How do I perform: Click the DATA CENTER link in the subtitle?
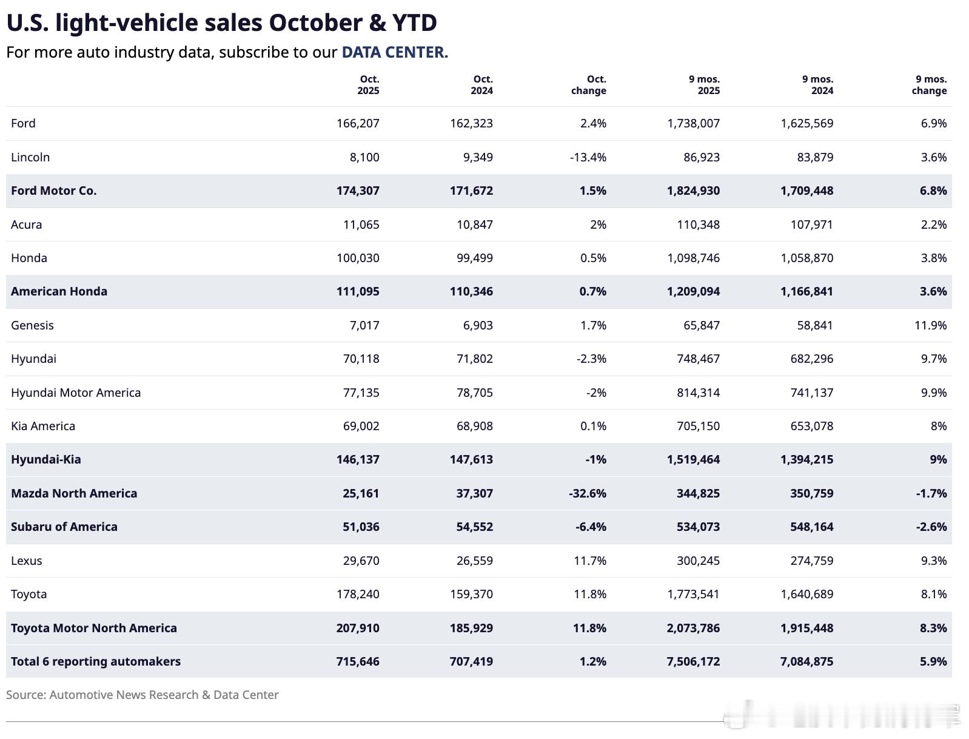395,52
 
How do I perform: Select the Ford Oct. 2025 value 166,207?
358,123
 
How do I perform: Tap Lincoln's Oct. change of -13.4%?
588,157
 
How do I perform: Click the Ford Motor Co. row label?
54,191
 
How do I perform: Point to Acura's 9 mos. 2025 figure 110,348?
698,224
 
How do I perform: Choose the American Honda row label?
59,291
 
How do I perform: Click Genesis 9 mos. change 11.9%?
930,325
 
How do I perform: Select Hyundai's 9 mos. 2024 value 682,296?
806,359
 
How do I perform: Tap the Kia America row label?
43,426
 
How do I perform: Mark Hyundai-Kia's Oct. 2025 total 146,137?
358,459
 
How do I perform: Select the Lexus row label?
27,561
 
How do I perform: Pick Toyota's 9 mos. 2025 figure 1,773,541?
693,594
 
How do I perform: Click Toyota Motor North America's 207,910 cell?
358,628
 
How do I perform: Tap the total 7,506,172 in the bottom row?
693,661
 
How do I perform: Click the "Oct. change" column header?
589,85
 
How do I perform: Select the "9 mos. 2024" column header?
817,85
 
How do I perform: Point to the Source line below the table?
142,695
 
